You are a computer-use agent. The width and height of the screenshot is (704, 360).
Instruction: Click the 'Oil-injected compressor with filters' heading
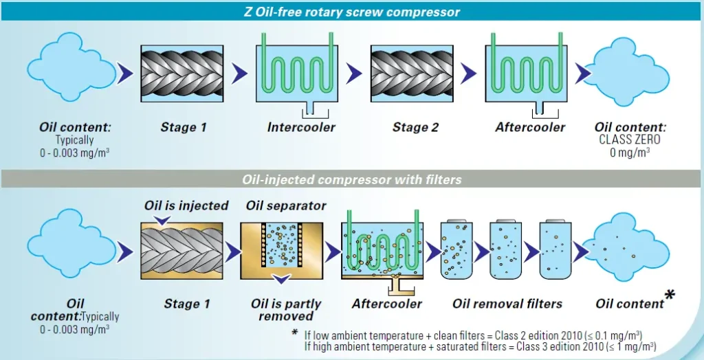tap(352, 179)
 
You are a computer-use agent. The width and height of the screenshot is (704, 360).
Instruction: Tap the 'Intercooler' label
tap(302, 127)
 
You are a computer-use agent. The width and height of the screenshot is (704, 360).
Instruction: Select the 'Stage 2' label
tap(415, 127)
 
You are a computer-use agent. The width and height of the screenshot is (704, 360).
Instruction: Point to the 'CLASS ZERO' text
tap(630, 139)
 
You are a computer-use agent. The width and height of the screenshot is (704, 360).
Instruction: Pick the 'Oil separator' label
tap(286, 205)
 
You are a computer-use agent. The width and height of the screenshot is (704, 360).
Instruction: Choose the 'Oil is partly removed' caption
tap(286, 310)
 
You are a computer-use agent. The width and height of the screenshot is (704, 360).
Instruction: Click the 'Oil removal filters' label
tap(507, 304)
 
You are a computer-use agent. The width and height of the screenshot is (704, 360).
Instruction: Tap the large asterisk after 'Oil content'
tap(669, 296)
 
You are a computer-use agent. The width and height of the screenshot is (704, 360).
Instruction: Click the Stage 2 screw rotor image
tap(416, 74)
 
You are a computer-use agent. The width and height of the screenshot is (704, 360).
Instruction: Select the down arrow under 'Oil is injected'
tap(162, 219)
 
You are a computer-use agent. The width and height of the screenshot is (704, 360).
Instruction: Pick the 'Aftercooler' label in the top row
tap(530, 127)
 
